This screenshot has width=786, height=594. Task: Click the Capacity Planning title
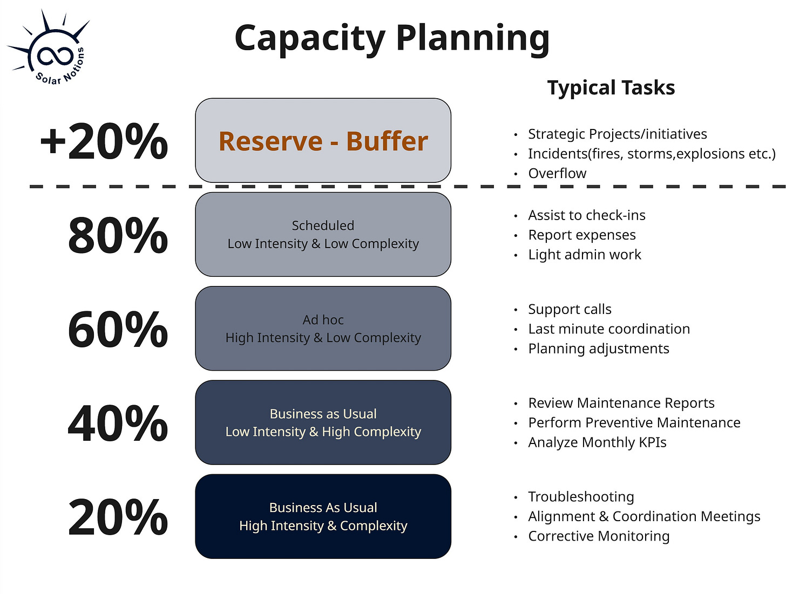(392, 39)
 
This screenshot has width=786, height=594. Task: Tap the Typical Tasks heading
(611, 88)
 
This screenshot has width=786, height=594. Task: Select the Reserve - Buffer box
(323, 141)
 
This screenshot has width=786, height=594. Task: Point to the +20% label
(104, 141)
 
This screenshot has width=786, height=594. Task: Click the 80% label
(118, 235)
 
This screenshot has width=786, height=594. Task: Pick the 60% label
(118, 329)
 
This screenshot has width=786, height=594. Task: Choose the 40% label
(118, 424)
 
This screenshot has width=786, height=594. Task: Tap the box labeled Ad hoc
(323, 329)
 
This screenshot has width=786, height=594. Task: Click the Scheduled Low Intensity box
(323, 235)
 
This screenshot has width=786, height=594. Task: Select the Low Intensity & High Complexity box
(323, 422)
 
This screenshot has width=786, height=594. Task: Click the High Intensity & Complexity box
(323, 516)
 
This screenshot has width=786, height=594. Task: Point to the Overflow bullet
(557, 173)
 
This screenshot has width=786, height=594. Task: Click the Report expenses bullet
(581, 235)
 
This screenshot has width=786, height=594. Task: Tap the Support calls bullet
(570, 309)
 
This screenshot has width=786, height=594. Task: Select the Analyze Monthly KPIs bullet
(597, 442)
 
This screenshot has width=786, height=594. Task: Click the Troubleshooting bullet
(581, 496)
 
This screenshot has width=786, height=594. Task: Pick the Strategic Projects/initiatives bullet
(617, 134)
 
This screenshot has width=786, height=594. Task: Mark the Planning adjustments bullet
(598, 349)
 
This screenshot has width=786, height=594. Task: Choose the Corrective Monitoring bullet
(599, 536)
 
